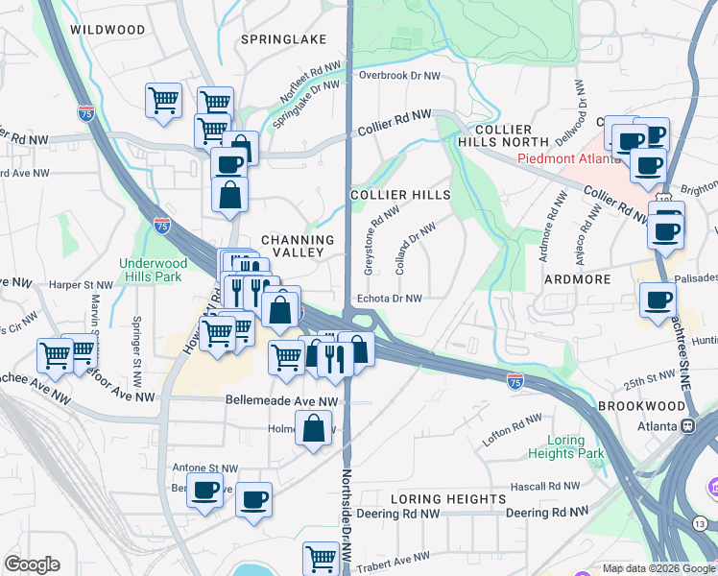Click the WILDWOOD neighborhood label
(x=108, y=30)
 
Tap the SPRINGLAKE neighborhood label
(x=283, y=39)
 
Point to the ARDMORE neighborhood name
(x=578, y=279)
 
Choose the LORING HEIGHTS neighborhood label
(x=448, y=499)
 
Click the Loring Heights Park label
(x=556, y=447)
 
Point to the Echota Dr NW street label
(x=389, y=299)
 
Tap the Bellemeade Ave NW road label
(x=281, y=400)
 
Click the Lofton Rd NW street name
(x=513, y=423)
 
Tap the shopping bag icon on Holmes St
(x=314, y=428)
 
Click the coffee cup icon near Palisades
(x=658, y=300)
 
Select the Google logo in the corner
(x=32, y=564)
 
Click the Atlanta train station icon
(x=687, y=425)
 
